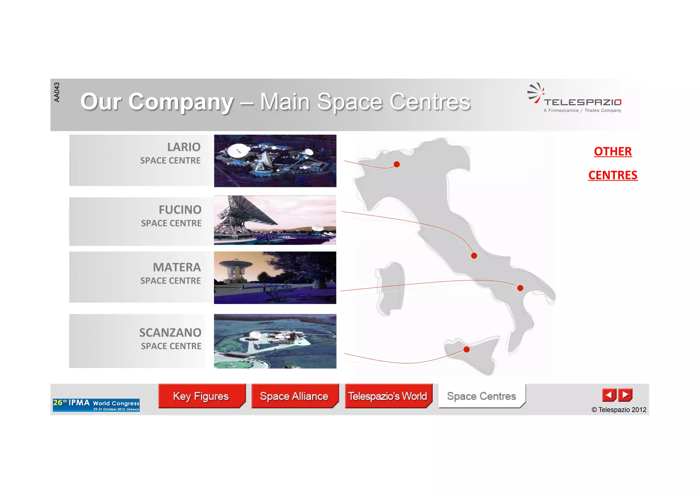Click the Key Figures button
201,396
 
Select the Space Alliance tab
294,396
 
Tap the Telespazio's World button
388,396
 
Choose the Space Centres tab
481,396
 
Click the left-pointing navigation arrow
609,395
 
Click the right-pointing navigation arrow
625,395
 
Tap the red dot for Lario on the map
396,165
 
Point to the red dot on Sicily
467,349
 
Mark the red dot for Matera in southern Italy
520,288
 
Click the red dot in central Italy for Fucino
474,256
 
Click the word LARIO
184,147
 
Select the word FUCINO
180,210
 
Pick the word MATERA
177,267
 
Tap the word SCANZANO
170,333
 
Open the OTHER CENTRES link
613,163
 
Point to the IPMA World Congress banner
96,405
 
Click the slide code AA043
57,92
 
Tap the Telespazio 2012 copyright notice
619,410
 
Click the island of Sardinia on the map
390,288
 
